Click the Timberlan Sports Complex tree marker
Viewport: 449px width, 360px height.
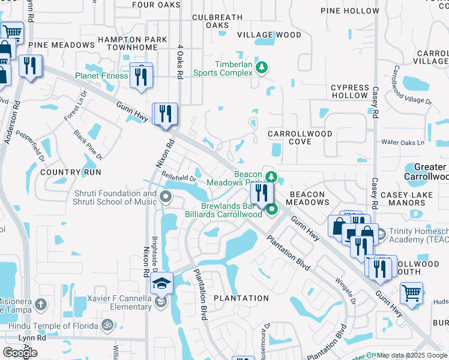pos(261,67)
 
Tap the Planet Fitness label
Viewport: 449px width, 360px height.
pos(101,76)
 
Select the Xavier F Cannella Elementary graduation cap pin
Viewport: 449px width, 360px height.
pos(161,283)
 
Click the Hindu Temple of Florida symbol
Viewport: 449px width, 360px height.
pos(107,325)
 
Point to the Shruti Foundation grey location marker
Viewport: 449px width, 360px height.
pos(166,196)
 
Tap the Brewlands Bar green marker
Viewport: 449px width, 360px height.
pos(272,209)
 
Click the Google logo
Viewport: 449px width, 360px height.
pos(20,352)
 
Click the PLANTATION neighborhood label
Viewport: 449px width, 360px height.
pos(242,298)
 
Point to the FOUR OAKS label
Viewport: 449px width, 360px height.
pos(156,5)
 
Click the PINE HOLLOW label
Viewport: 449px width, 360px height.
pos(350,11)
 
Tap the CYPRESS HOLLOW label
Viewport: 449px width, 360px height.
pos(350,91)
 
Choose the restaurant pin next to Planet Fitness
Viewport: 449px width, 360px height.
pos(141,76)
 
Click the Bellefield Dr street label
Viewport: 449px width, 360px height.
pos(179,177)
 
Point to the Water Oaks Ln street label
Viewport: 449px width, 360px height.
pos(403,143)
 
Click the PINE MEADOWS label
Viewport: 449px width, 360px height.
pos(61,45)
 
